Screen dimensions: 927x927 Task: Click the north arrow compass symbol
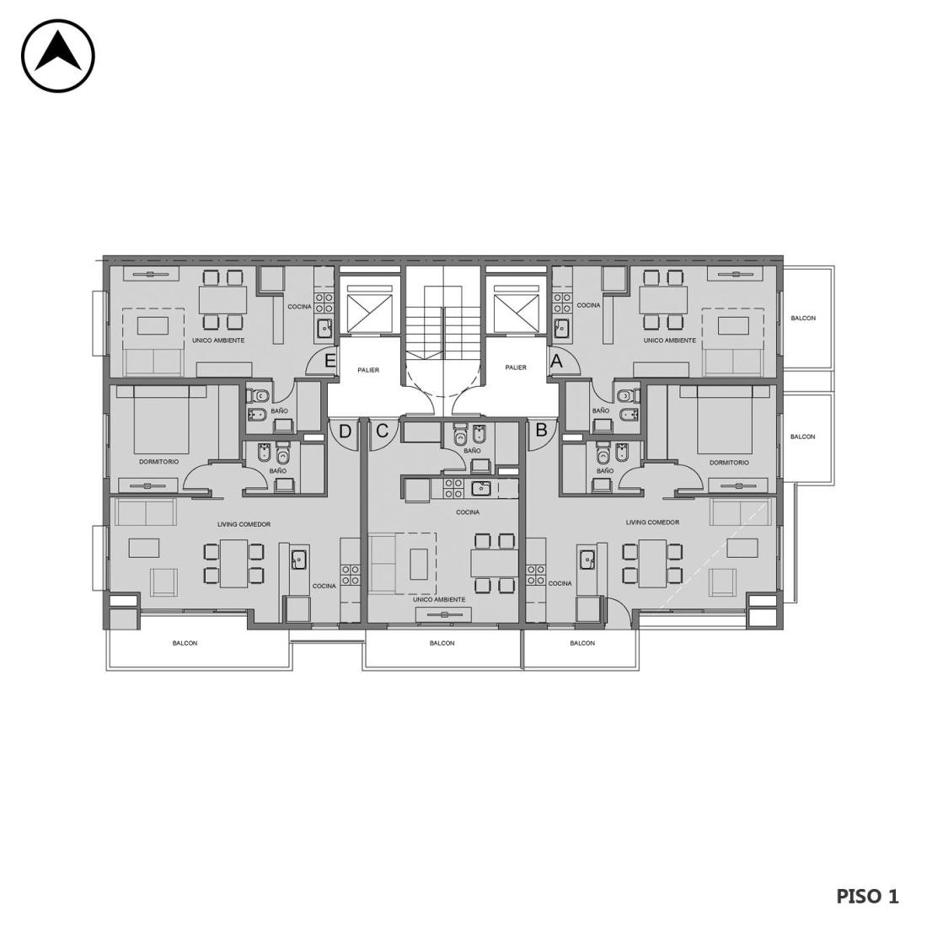click(58, 56)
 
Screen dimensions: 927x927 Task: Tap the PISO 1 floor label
click(866, 897)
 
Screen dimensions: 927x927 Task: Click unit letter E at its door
click(330, 360)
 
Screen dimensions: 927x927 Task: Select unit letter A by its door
click(555, 360)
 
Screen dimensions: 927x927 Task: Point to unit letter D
click(346, 431)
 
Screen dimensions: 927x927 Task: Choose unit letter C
click(382, 431)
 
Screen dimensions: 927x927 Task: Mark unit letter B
click(541, 430)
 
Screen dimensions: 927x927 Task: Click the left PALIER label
click(368, 370)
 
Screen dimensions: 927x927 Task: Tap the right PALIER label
click(516, 367)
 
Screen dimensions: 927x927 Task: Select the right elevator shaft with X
click(516, 313)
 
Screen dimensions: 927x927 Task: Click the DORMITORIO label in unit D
click(159, 462)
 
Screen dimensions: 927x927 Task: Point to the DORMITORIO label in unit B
click(729, 463)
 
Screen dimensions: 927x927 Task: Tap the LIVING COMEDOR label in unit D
click(244, 524)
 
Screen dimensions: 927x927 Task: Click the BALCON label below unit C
click(442, 643)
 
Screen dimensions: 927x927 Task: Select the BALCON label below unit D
click(185, 643)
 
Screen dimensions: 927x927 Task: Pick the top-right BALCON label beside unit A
click(803, 318)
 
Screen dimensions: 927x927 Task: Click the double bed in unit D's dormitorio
click(162, 420)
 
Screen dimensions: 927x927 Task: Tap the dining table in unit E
click(222, 300)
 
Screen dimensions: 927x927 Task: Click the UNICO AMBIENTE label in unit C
click(439, 599)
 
